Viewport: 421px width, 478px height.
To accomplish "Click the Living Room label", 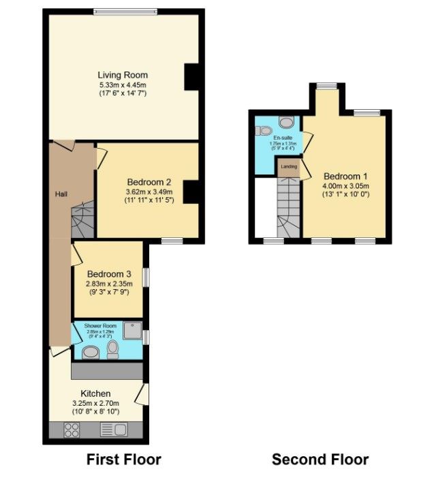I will tap(123, 75).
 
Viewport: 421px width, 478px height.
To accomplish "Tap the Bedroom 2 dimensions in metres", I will tap(149, 192).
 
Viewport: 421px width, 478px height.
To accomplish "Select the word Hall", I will tap(61, 195).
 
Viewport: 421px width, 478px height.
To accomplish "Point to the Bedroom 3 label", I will tap(109, 274).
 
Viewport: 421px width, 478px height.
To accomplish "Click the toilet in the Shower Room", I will tap(112, 350).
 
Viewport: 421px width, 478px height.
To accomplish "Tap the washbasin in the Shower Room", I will tap(89, 352).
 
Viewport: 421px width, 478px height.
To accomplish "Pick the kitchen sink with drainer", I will tap(113, 430).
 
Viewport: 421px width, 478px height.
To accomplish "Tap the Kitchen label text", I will tap(95, 394).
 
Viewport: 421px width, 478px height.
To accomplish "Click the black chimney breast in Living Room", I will tap(192, 76).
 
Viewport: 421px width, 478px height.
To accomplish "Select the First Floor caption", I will tap(123, 459).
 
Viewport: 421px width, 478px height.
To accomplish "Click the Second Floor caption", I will tap(320, 459).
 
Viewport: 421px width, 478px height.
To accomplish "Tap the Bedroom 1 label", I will tap(345, 175).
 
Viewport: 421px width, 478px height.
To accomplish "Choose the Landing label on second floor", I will tap(287, 166).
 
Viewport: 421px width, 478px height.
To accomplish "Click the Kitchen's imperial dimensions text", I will tap(95, 411).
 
